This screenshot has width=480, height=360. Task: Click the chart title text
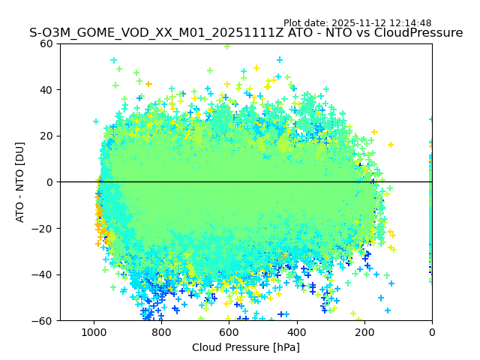click(246, 33)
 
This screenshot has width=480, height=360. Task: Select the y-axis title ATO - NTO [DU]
click(20, 182)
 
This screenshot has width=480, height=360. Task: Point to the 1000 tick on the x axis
click(94, 331)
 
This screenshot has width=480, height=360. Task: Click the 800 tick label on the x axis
click(161, 331)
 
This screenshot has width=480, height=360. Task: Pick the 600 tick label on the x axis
click(229, 331)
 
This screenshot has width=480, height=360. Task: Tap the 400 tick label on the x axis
click(297, 331)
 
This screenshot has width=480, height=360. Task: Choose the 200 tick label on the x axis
click(364, 331)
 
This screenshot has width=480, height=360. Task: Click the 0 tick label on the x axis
click(432, 331)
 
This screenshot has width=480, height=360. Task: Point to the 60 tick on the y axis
click(46, 43)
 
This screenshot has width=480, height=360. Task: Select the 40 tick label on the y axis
click(46, 90)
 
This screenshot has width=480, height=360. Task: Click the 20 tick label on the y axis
click(46, 136)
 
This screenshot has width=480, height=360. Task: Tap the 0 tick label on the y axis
click(49, 182)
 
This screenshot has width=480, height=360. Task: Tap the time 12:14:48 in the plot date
click(410, 23)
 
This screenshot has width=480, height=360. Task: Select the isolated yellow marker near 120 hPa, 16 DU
click(391, 145)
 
